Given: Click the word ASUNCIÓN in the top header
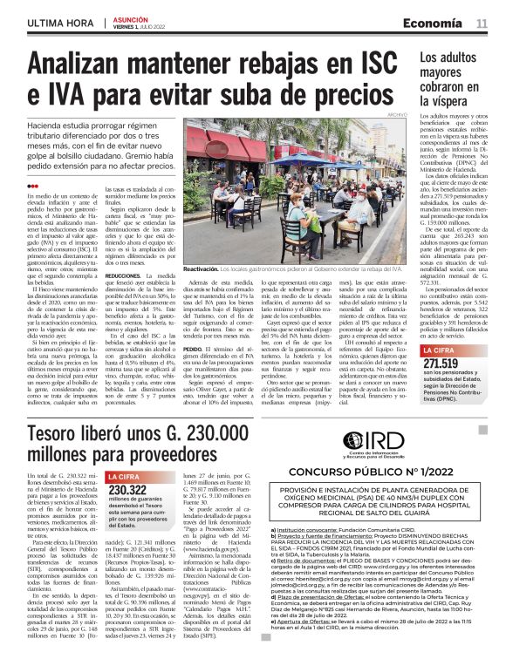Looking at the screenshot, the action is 131,17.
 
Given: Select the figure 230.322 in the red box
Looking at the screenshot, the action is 127,490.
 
